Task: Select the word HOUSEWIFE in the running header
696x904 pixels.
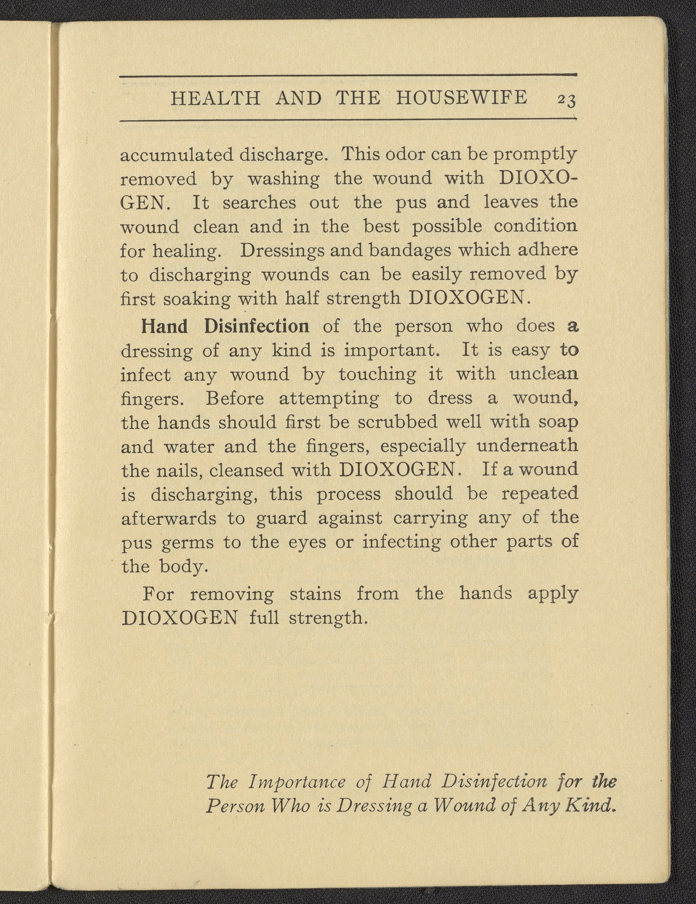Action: click(x=462, y=98)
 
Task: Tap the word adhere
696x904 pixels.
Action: click(x=549, y=250)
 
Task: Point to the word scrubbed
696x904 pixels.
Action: click(x=397, y=422)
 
